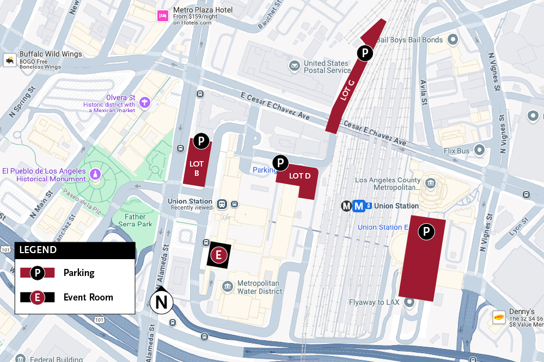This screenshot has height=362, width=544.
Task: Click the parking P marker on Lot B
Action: pyautogui.click(x=201, y=141)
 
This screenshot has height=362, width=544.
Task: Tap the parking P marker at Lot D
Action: pyautogui.click(x=280, y=162)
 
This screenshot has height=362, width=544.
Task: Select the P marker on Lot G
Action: pyautogui.click(x=364, y=53)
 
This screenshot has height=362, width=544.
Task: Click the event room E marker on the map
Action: pyautogui.click(x=218, y=255)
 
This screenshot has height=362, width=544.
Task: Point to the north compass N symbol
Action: pyautogui.click(x=162, y=302)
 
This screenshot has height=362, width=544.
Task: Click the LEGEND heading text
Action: pyautogui.click(x=38, y=250)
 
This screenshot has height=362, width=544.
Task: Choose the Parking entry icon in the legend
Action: pyautogui.click(x=37, y=273)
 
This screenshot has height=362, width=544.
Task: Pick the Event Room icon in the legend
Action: pyautogui.click(x=37, y=297)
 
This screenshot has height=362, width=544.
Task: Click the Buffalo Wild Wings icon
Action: pyautogui.click(x=10, y=60)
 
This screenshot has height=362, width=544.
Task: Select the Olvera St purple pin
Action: pyautogui.click(x=144, y=101)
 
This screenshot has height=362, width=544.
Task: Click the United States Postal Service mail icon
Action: pyautogui.click(x=295, y=66)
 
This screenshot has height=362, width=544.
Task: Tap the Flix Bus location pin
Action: pyautogui.click(x=479, y=149)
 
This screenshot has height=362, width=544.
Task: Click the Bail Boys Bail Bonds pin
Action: pyautogui.click(x=453, y=40)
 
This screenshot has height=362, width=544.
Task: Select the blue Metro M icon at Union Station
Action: pyautogui.click(x=358, y=206)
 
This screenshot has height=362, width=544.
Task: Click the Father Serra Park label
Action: pyautogui.click(x=135, y=220)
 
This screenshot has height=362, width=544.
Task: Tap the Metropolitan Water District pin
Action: pyautogui.click(x=228, y=286)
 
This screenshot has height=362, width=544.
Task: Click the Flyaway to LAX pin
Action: pyautogui.click(x=409, y=302)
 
